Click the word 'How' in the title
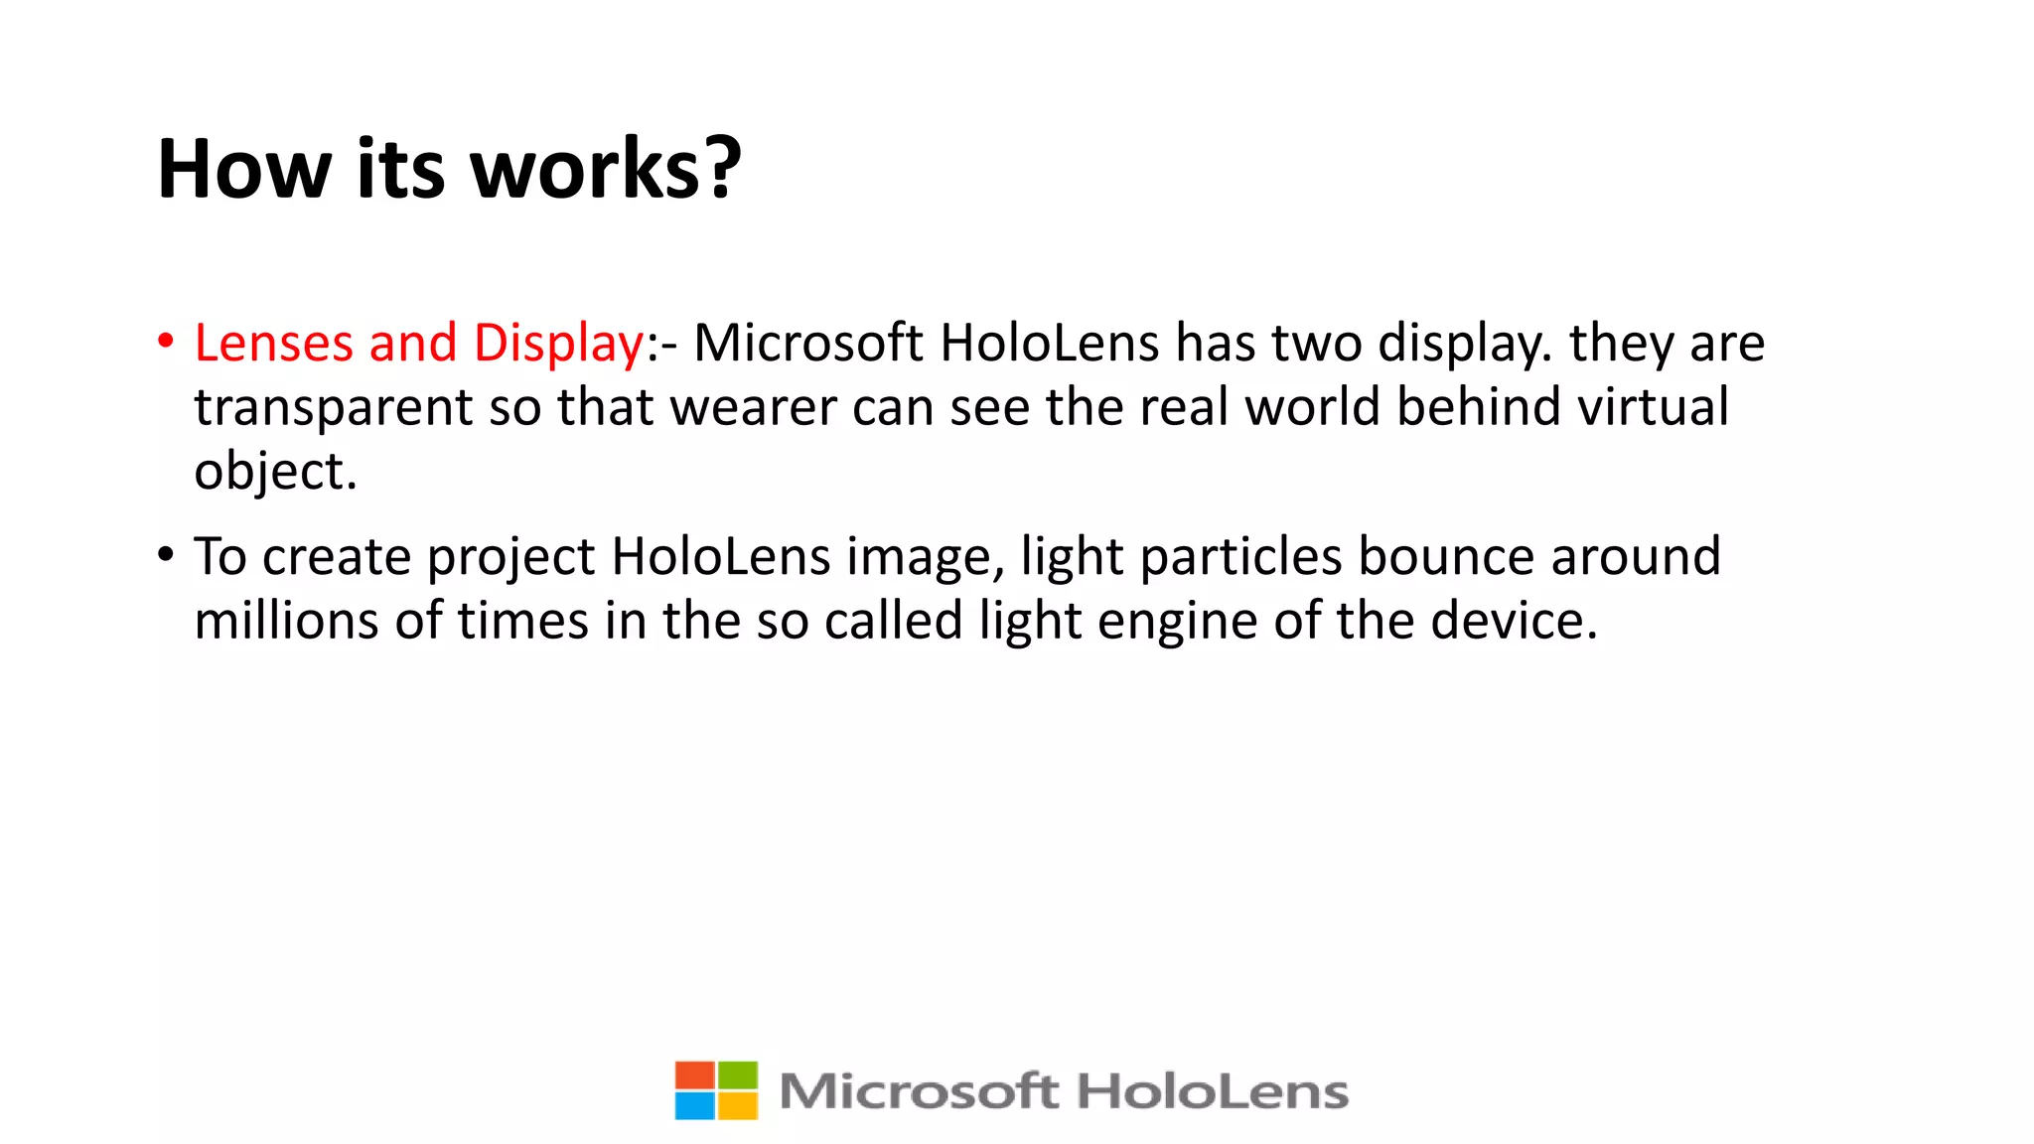[243, 169]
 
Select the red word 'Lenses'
[273, 343]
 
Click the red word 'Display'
[558, 345]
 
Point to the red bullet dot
[166, 341]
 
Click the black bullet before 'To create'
[166, 554]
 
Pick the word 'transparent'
[333, 408]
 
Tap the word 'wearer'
[753, 408]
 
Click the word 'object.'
[275, 472]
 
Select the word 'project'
[510, 557]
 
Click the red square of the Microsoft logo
[694, 1075]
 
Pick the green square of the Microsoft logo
[737, 1075]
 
